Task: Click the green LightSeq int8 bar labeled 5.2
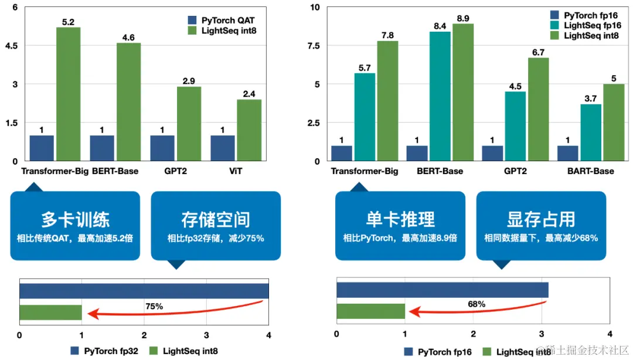(x=68, y=94)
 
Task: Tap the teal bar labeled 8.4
(x=440, y=96)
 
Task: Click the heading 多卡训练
(x=75, y=219)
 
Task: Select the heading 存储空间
(x=216, y=219)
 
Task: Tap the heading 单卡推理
(x=400, y=219)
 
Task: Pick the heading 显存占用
(x=540, y=219)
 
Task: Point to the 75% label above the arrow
(x=154, y=306)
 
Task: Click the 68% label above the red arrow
(x=477, y=304)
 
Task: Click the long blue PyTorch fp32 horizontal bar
(x=144, y=291)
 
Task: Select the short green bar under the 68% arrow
(x=370, y=311)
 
